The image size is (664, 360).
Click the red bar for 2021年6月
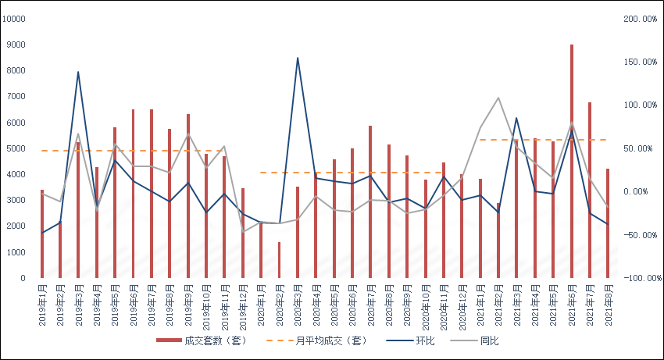(572, 161)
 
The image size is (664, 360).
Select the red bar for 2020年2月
(280, 260)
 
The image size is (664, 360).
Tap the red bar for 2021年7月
(590, 191)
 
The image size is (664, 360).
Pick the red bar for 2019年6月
(134, 194)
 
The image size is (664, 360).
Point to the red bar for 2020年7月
(370, 201)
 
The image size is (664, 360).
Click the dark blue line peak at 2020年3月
(298, 58)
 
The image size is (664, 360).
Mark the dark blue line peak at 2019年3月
(78, 72)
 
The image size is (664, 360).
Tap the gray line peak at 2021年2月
(498, 98)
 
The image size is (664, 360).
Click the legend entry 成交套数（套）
(202, 340)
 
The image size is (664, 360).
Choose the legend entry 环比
(410, 340)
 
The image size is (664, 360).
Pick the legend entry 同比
(474, 340)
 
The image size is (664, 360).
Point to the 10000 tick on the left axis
(14, 19)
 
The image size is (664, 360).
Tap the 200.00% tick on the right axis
(641, 19)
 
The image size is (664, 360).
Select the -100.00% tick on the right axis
(642, 278)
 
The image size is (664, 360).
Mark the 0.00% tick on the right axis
(636, 191)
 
